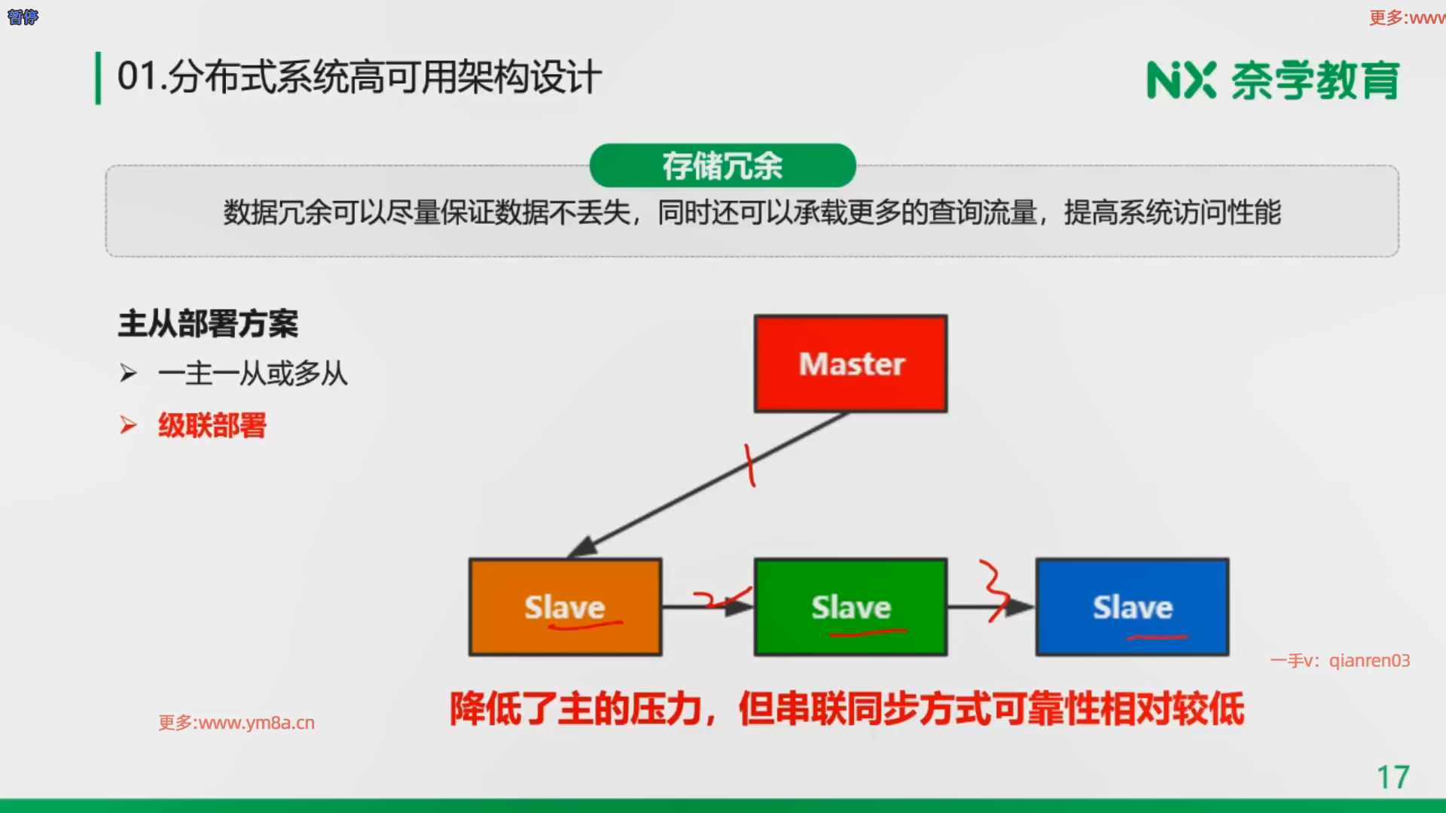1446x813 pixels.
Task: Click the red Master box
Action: [x=850, y=364]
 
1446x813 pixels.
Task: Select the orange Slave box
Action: [x=565, y=607]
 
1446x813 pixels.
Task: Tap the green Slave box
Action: [x=850, y=607]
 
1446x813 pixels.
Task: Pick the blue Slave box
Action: [x=1133, y=607]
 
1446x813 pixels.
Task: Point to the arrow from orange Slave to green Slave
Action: [x=708, y=607]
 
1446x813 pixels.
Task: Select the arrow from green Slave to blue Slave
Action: [x=991, y=607]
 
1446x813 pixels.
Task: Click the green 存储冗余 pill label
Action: [x=722, y=166]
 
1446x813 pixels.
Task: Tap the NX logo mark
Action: [x=1181, y=80]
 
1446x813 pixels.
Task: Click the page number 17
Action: [x=1393, y=778]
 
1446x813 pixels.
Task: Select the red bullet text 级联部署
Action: [x=212, y=425]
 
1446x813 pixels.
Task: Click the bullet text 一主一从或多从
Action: [x=253, y=373]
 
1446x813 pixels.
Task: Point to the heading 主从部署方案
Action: [x=208, y=324]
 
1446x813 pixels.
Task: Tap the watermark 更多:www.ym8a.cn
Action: [x=236, y=723]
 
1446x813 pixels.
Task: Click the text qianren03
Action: [x=1369, y=661]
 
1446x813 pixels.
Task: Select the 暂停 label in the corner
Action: [x=23, y=17]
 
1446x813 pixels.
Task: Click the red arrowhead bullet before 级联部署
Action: [x=129, y=425]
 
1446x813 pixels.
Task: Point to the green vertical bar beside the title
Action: [x=98, y=78]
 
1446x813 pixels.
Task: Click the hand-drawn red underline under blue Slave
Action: [x=1157, y=638]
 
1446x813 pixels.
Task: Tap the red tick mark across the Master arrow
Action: [x=750, y=465]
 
